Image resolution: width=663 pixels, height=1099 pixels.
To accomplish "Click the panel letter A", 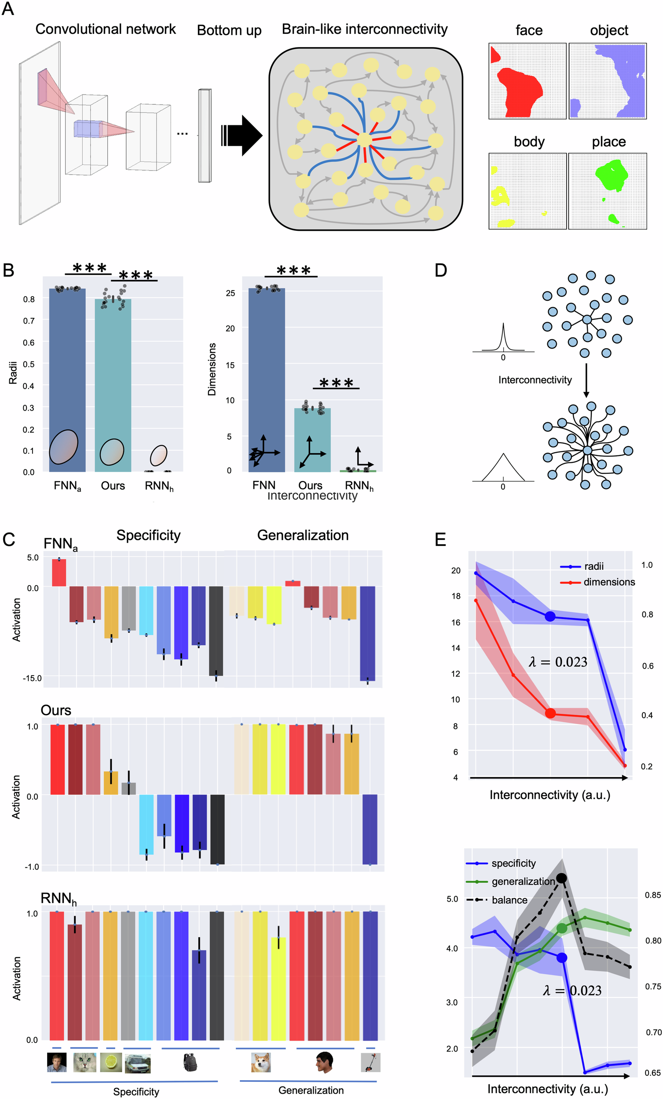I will pos(8,9).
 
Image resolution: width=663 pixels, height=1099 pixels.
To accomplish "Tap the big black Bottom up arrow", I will pos(243,135).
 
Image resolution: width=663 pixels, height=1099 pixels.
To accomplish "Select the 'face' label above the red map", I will pos(529,30).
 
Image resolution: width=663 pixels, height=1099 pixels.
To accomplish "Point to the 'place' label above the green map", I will pos(608,142).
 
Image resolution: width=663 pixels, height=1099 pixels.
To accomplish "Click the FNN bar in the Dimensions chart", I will pos(266,379).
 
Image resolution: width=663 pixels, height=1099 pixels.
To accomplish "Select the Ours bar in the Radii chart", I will pos(113,384).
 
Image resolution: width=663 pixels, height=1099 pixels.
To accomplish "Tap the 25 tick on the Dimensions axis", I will pos(230,293).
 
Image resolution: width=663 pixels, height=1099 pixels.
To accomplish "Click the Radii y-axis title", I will pos(13,372).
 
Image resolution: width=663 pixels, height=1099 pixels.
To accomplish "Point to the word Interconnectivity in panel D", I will pos(535,379).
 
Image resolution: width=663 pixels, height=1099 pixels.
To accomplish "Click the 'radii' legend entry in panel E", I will pos(593,566).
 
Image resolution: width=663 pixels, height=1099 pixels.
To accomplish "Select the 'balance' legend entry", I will pos(509,899).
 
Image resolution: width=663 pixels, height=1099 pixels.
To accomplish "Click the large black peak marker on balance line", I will pos(561,878).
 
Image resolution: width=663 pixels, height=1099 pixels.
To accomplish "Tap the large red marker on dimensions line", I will pos(550,713).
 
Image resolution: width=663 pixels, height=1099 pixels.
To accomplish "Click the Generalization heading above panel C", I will pos(302,535).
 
